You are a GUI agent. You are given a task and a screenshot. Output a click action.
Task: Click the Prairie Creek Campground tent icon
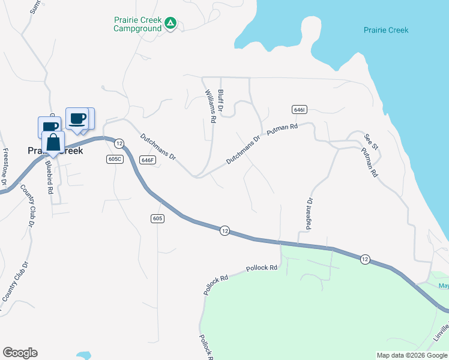pyautogui.click(x=170, y=23)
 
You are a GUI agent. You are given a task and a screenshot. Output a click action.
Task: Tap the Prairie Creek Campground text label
pyautogui.click(x=138, y=24)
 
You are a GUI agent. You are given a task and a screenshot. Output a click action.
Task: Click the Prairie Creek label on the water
pyautogui.click(x=386, y=30)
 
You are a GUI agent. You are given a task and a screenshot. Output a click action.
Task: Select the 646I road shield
pyautogui.click(x=300, y=110)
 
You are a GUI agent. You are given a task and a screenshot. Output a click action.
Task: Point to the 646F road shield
pyautogui.click(x=148, y=160)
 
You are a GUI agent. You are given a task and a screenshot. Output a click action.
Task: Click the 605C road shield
pyautogui.click(x=115, y=158)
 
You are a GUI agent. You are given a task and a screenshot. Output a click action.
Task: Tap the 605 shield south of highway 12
pyautogui.click(x=157, y=218)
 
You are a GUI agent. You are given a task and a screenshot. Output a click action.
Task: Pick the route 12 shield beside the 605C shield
pyautogui.click(x=119, y=143)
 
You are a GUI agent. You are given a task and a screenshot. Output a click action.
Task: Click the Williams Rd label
pyautogui.click(x=209, y=107)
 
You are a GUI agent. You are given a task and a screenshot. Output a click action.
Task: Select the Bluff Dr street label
pyautogui.click(x=221, y=101)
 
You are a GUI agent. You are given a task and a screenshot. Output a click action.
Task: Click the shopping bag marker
pyautogui.click(x=53, y=144)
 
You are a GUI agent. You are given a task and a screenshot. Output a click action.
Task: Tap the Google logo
pyautogui.click(x=20, y=353)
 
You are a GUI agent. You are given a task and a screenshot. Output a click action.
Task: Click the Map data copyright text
pyautogui.click(x=412, y=355)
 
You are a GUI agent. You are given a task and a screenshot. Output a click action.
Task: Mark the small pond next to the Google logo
pyautogui.click(x=83, y=355)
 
